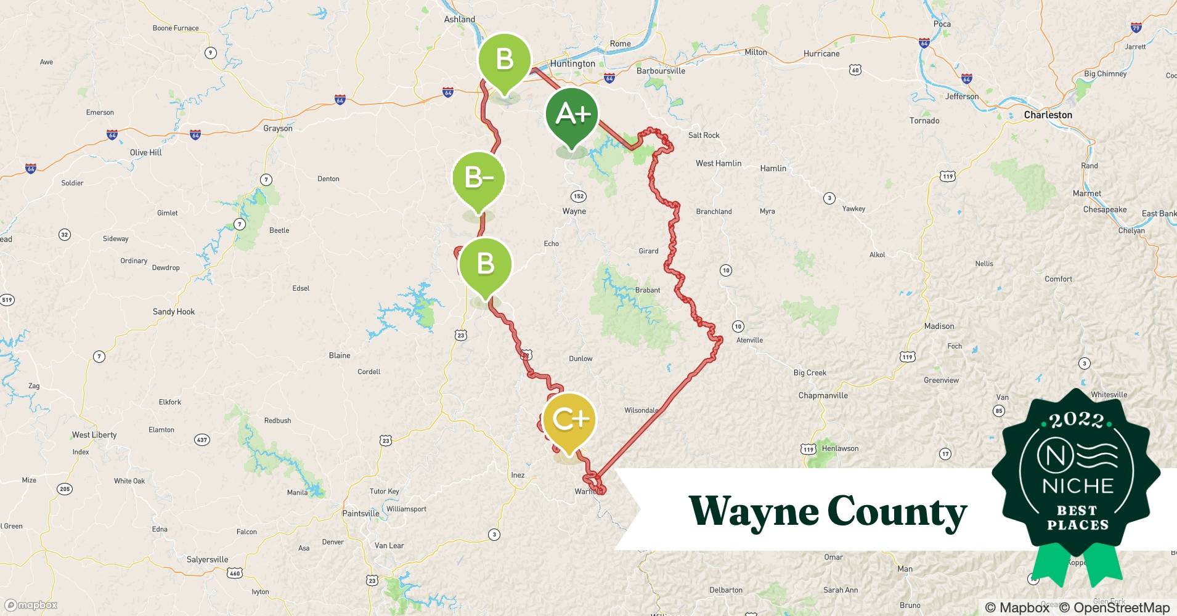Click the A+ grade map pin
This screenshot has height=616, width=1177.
(572, 115)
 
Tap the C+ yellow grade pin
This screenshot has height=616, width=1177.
(569, 420)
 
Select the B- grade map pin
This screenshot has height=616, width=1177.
(479, 179)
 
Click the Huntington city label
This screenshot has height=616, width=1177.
(572, 63)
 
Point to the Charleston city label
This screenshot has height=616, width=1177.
(1048, 115)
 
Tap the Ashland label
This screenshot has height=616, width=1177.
(460, 19)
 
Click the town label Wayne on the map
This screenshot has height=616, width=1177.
(574, 211)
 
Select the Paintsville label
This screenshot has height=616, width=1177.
(360, 513)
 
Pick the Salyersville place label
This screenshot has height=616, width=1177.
(207, 559)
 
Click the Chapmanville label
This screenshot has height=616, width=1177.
(823, 395)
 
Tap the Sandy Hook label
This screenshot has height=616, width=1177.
(174, 312)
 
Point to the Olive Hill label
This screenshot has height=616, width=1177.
(145, 152)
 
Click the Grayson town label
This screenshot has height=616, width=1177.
(278, 128)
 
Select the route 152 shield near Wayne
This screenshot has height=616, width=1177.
(578, 197)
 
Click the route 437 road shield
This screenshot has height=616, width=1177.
(202, 440)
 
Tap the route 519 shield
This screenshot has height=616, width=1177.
(7, 300)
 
